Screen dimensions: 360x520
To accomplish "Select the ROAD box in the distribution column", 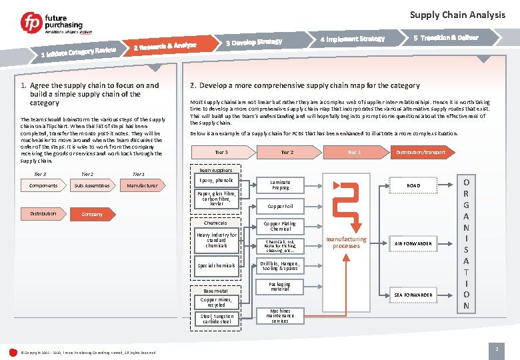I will tap(413, 185).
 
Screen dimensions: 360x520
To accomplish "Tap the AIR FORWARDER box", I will tap(413, 244).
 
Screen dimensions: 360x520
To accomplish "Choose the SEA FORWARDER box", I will tap(413, 295).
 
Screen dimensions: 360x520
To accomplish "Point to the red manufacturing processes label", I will tap(346, 242).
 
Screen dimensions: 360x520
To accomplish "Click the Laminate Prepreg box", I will tap(280, 185).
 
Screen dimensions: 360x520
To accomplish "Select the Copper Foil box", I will tap(280, 207).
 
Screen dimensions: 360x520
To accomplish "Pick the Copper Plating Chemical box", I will tap(280, 226).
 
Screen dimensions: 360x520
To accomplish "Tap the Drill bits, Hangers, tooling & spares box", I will tap(280, 265).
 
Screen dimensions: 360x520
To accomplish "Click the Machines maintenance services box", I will tap(280, 316).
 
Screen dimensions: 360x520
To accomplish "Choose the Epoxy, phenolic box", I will tap(216, 181).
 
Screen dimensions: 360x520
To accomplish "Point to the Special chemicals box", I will tap(216, 265).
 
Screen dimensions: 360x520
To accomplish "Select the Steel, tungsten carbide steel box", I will tap(216, 319).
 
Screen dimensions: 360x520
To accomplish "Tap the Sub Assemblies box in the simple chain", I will tap(92, 185).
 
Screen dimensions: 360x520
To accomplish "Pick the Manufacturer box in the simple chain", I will tap(143, 185).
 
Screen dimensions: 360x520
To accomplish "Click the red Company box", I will tap(92, 214).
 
